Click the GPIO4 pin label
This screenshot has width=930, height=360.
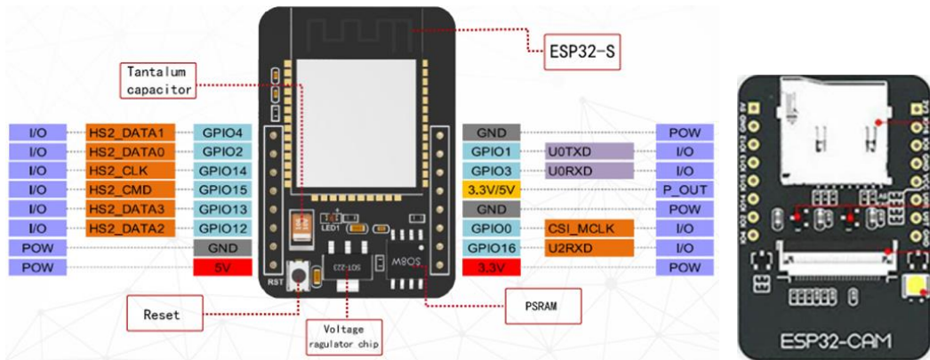[x=222, y=132]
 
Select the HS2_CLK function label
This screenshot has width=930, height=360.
[x=131, y=170]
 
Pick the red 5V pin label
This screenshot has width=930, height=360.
[x=222, y=267]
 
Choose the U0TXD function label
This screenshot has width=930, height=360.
[x=565, y=151]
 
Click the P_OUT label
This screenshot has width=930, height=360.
[x=684, y=189]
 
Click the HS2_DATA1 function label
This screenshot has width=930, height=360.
[x=131, y=132]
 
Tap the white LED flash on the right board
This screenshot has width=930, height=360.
[x=914, y=287]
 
